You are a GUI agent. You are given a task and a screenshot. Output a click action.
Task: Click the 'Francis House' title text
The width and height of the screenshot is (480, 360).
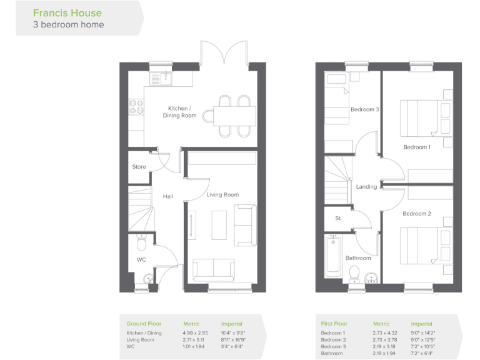(67, 12)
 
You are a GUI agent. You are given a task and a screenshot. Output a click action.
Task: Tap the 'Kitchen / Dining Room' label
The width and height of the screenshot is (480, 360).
(179, 112)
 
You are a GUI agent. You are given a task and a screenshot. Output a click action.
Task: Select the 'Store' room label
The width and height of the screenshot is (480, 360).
(139, 167)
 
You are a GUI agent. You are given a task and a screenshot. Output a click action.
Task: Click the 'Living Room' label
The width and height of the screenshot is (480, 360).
(223, 195)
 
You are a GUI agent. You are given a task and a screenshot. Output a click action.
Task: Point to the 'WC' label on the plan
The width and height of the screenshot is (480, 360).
(141, 259)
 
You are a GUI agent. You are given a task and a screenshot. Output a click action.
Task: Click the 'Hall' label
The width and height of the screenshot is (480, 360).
(167, 196)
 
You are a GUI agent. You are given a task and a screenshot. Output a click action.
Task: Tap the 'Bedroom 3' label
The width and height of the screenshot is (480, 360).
(364, 110)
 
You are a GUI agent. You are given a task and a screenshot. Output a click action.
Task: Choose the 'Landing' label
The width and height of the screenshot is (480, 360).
(366, 187)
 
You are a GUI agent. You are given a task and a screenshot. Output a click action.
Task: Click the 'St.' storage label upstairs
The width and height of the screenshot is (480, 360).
(338, 218)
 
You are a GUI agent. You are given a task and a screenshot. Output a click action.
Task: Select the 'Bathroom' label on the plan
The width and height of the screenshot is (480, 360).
(358, 257)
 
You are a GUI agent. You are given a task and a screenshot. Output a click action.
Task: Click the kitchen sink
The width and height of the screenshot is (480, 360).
(161, 79)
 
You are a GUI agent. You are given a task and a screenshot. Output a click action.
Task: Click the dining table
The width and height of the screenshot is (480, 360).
(234, 116)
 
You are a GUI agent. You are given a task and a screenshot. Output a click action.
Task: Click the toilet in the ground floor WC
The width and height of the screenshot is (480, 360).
(141, 241)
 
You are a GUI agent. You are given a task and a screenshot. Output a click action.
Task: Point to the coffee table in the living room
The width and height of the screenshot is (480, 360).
(219, 223)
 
